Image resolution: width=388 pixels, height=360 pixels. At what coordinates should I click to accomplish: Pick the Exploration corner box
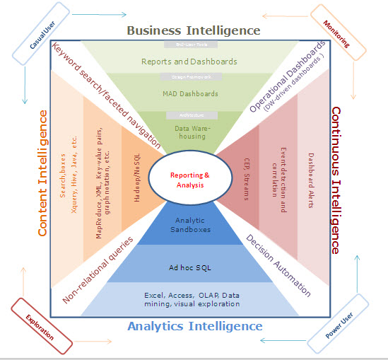point(42,324)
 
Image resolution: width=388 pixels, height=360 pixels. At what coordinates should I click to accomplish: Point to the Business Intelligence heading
point(193,30)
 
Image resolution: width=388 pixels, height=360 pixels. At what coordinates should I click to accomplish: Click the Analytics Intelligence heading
point(195,326)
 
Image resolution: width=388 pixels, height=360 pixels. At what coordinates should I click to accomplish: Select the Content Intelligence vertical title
point(42,173)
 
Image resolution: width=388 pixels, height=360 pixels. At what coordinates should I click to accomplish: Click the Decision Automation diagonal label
point(278,265)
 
